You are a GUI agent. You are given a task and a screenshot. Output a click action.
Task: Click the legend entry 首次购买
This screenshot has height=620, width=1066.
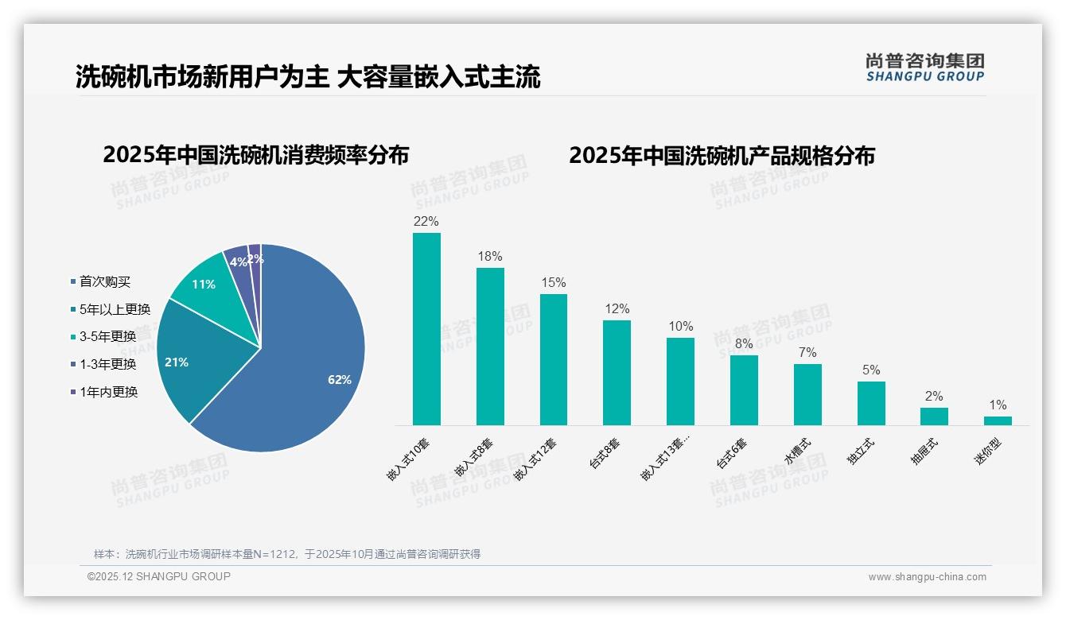(x=104, y=281)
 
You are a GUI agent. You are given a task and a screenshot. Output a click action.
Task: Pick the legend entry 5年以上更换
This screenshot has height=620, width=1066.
(x=115, y=309)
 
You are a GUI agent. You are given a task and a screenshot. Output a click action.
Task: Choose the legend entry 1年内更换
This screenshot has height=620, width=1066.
(x=108, y=392)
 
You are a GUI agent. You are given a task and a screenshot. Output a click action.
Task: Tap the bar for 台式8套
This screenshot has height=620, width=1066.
(x=617, y=373)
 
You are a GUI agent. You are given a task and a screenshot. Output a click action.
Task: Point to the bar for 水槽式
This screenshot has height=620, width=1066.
(x=807, y=394)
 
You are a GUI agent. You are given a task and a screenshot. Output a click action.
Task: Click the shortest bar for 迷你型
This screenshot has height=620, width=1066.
(x=998, y=420)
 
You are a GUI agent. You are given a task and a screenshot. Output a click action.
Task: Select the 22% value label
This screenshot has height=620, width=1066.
(x=426, y=221)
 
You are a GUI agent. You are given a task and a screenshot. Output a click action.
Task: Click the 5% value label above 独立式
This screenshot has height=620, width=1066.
(x=871, y=370)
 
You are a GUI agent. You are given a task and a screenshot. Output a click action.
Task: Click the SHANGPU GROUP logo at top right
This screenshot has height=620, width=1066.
(x=924, y=68)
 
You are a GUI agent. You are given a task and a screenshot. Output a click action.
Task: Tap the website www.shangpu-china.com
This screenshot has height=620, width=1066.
(x=927, y=577)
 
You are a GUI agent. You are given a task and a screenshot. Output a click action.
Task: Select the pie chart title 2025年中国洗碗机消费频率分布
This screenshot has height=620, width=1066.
(x=255, y=155)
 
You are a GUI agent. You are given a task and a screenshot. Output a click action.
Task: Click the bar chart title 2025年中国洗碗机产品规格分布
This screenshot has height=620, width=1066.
(x=722, y=155)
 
